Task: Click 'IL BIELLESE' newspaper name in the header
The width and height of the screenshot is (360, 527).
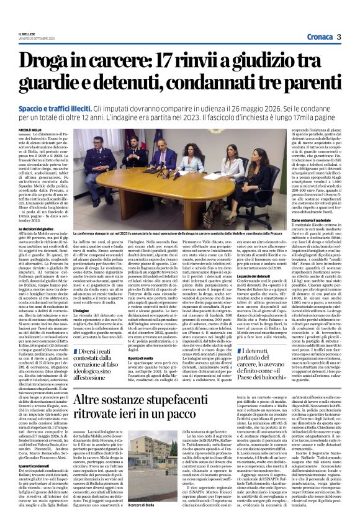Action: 27,34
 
